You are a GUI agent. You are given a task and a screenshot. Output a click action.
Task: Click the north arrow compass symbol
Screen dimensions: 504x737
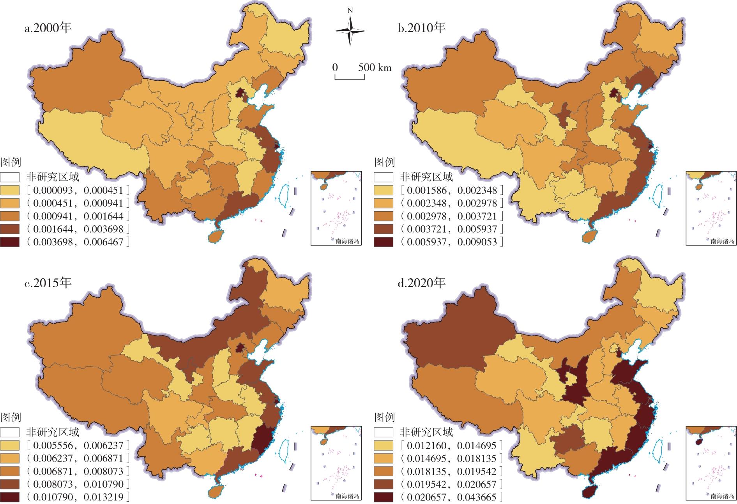pyautogui.click(x=350, y=30)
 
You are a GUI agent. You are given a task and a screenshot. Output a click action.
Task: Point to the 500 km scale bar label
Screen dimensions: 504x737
pyautogui.click(x=375, y=67)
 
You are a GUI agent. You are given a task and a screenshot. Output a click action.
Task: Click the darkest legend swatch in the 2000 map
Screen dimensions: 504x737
pyautogui.click(x=10, y=242)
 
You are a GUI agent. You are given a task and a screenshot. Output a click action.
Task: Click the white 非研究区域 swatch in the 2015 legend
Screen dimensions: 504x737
pyautogui.click(x=10, y=432)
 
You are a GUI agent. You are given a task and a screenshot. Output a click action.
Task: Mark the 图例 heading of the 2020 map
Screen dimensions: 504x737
pyautogui.click(x=384, y=417)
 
